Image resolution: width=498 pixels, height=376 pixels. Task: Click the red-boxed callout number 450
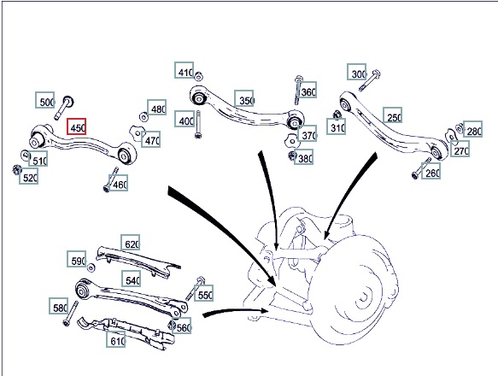click(76, 126)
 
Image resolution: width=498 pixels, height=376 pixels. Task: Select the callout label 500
click(44, 100)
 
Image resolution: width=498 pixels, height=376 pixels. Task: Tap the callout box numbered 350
click(244, 98)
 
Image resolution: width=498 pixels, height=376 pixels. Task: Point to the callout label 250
click(392, 115)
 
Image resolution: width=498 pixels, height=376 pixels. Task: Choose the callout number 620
click(130, 243)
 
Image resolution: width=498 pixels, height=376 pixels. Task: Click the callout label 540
click(132, 279)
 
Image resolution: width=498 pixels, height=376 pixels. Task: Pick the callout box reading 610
click(116, 339)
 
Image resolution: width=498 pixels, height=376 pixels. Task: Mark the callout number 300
click(357, 72)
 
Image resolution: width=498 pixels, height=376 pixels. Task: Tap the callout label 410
click(185, 70)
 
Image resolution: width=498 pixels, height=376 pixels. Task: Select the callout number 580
click(59, 306)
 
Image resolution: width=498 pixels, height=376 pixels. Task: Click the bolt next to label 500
click(63, 108)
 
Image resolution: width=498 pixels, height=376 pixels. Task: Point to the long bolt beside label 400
click(198, 124)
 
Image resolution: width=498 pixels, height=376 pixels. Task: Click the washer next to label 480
click(144, 117)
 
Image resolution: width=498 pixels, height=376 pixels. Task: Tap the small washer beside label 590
click(91, 267)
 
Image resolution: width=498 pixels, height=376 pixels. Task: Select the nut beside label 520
click(16, 170)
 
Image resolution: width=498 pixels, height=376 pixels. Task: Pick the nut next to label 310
click(337, 115)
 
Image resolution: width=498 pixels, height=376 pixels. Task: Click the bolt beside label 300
click(370, 80)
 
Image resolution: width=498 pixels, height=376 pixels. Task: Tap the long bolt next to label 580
click(71, 314)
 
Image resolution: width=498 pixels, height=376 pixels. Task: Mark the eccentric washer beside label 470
click(137, 133)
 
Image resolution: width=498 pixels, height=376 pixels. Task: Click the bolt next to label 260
click(421, 168)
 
